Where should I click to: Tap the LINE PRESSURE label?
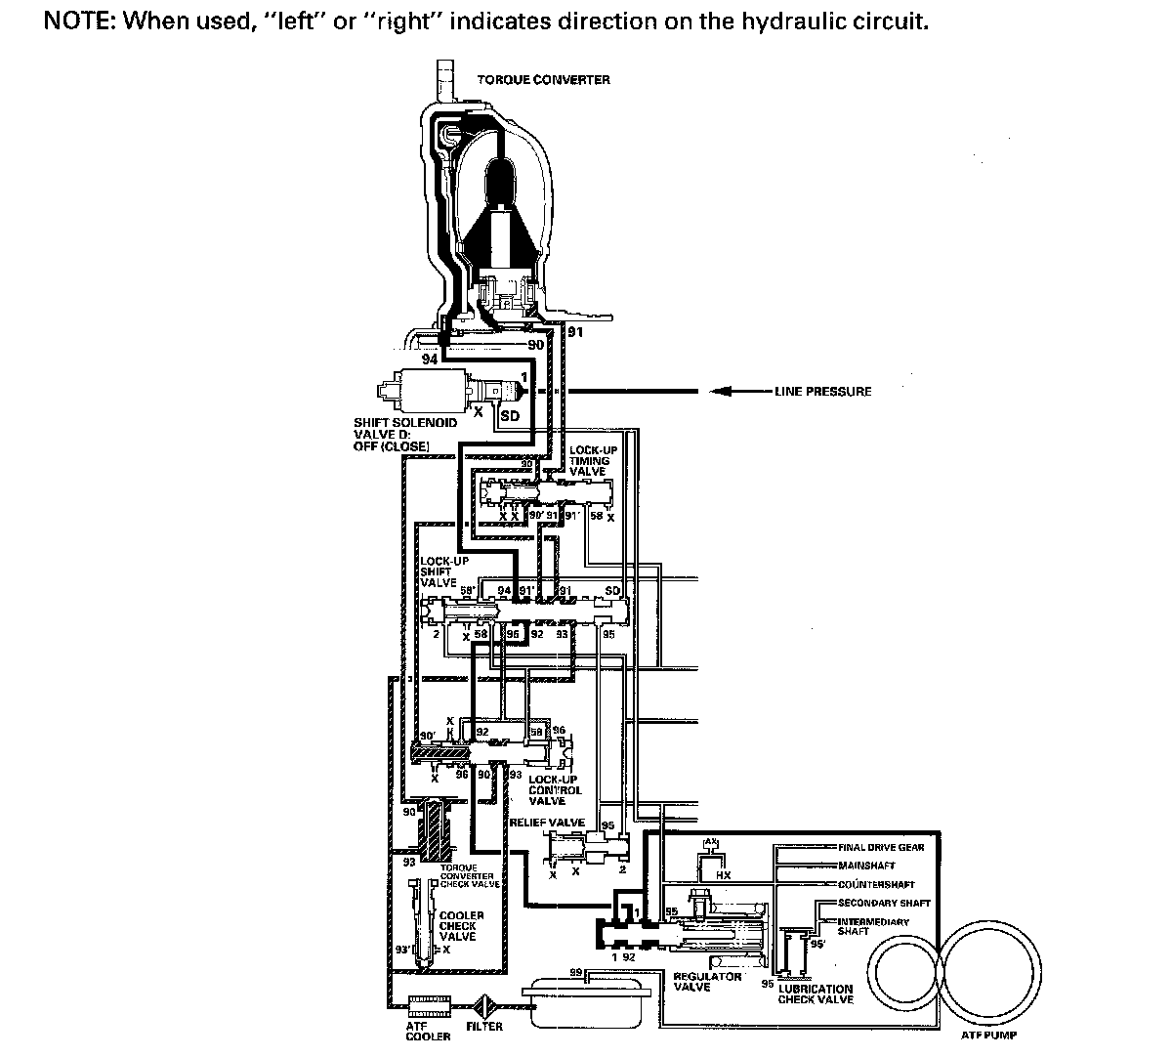point(822,392)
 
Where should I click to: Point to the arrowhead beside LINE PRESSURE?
point(721,392)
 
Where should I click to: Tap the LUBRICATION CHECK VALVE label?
point(816,994)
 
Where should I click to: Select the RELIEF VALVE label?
point(547,823)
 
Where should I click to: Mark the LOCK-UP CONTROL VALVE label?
point(554,789)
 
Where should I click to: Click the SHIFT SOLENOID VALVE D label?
point(391,435)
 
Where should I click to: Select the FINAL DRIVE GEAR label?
point(881,847)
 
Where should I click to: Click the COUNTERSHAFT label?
point(876,884)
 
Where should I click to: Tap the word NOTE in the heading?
point(78,21)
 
